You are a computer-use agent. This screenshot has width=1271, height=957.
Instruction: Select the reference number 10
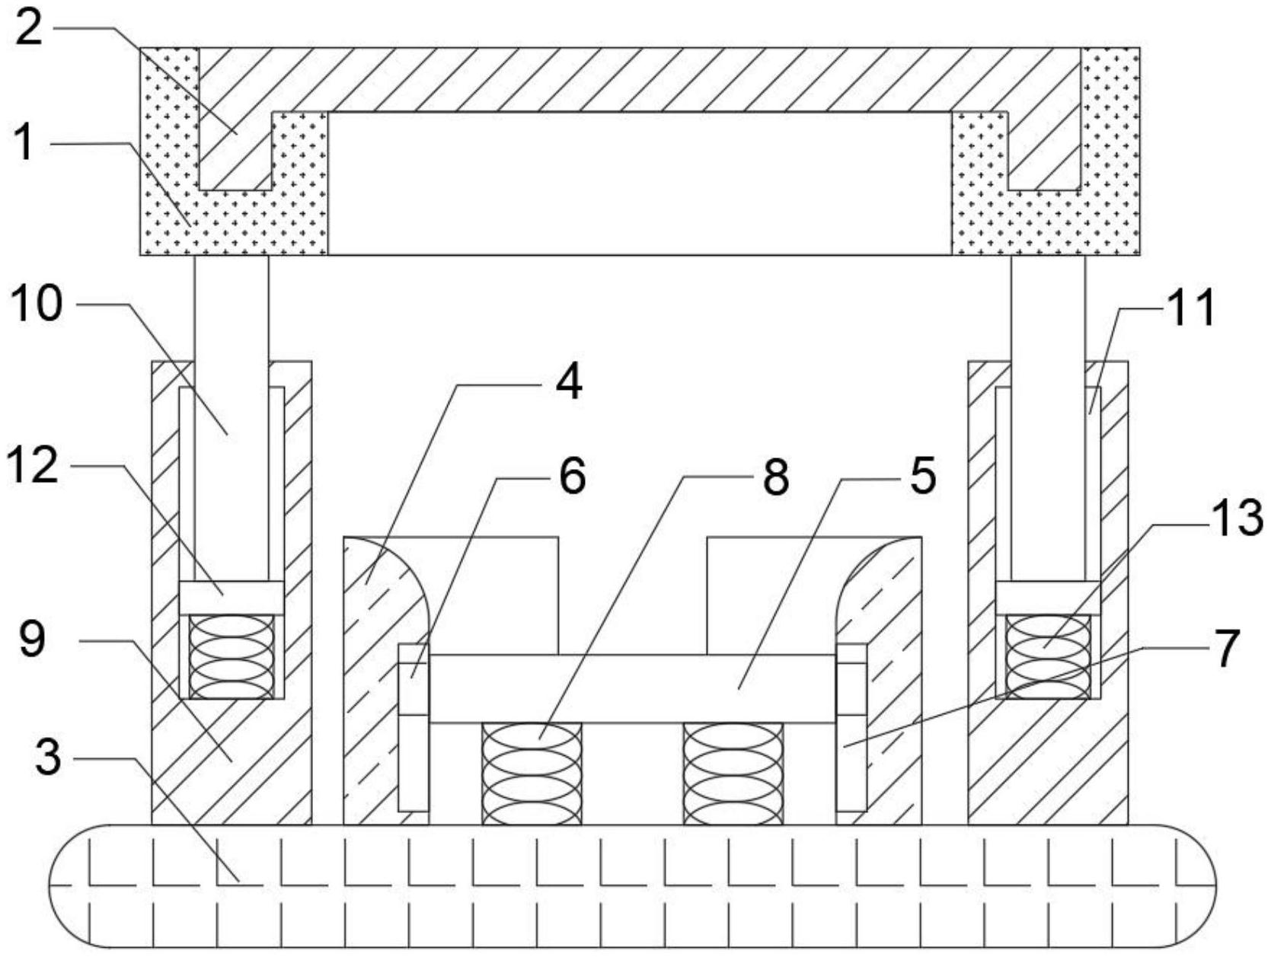37,305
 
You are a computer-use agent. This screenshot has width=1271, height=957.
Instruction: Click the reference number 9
31,640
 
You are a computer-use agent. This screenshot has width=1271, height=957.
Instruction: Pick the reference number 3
47,758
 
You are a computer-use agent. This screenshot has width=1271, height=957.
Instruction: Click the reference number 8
775,477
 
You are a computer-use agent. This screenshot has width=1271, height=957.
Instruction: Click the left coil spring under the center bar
532,774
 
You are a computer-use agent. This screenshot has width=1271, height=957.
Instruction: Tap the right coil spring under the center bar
733,774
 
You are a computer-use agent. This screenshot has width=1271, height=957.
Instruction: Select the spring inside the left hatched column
232,656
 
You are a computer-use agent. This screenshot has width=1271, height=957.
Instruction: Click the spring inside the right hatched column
1048,656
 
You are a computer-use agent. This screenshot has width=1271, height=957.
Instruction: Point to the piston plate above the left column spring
232,598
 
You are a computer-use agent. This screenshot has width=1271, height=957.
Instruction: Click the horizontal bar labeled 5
632,688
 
